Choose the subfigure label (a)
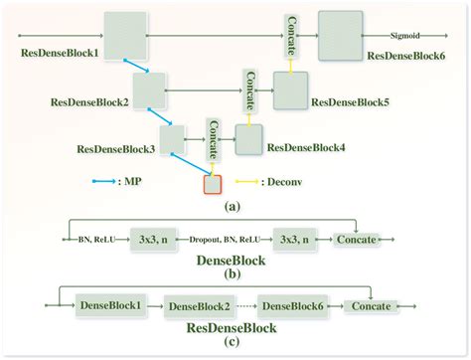point(234,207)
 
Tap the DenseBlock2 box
point(198,306)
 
